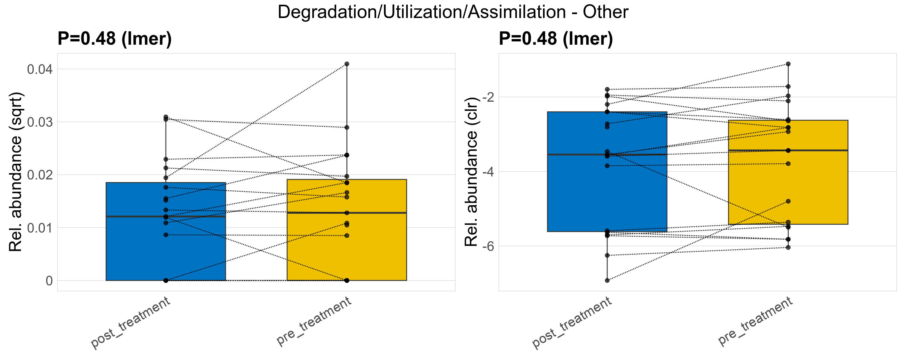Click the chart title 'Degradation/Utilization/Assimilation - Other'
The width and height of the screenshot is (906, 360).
coord(453,12)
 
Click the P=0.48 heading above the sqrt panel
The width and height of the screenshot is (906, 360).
coord(115,38)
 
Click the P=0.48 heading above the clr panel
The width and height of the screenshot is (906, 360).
coord(556,38)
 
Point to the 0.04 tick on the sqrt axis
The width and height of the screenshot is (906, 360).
coord(40,69)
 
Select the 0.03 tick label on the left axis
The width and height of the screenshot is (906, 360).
coord(40,122)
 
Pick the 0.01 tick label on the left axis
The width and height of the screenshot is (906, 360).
coord(40,228)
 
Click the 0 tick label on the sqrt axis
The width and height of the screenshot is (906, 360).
coord(49,280)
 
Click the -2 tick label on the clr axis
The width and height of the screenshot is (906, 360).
coord(488,97)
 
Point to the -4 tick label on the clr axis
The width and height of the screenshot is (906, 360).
coord(488,172)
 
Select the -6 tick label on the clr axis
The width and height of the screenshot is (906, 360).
coord(488,246)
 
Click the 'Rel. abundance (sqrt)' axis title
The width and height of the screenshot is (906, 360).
coord(16,172)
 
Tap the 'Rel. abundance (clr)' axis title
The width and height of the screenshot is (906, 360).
coord(471,172)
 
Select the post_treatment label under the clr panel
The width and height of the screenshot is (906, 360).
coord(572,322)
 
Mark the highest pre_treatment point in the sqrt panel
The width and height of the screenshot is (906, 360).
coord(347,64)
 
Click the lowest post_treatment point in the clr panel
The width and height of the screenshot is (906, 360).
coord(607,280)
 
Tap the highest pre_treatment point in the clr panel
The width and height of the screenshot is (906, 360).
coord(788,64)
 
